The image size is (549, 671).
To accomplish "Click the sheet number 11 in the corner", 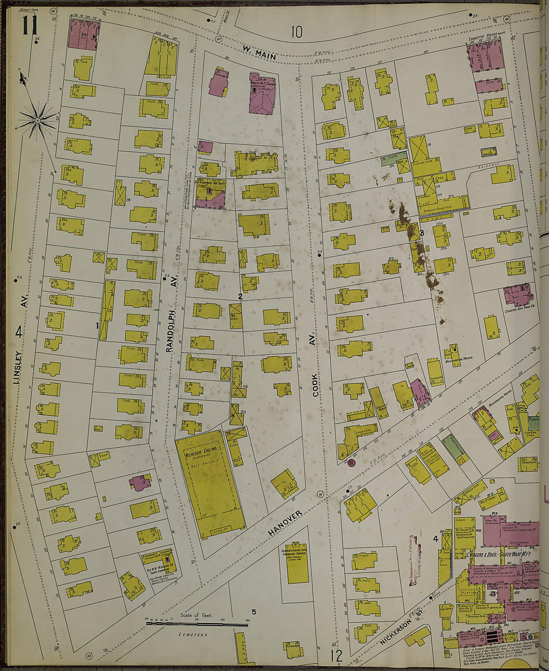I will pos(29,24).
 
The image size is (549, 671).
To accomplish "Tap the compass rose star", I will pos(37,120).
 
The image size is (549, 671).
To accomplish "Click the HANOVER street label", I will pos(285,523).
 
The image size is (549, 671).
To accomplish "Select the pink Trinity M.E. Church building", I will pos(262,95).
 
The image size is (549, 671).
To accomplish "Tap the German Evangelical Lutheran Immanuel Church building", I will pos(297,562).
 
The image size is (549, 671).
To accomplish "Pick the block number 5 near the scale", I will pos(254,612).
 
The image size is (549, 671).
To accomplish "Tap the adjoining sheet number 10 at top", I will pos(296,32).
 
